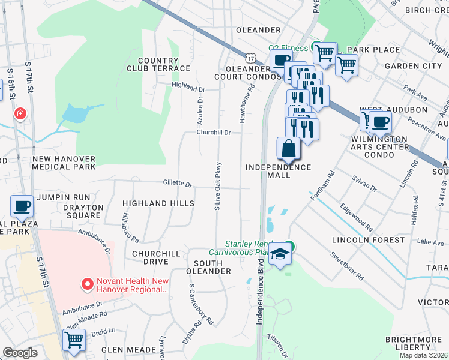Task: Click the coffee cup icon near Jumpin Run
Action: pos(22,206)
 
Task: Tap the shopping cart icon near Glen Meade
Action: pos(74,340)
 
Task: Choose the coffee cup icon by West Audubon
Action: pos(379,123)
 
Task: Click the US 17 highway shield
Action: pos(250,57)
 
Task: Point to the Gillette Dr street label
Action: pos(177,184)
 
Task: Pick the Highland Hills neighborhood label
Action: pos(158,203)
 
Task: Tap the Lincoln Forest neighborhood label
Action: pos(369,240)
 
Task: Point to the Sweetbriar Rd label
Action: pos(346,266)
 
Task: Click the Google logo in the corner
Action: pos(20,353)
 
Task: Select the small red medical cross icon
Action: pos(20,113)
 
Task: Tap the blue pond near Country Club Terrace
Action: pos(74,113)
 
